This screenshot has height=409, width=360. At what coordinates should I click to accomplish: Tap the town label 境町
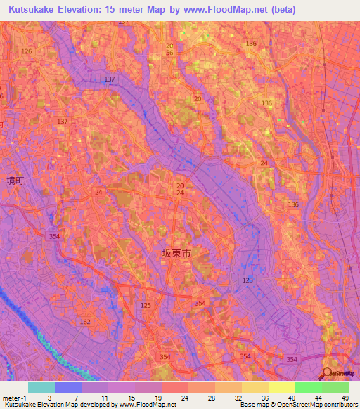[x=15, y=181]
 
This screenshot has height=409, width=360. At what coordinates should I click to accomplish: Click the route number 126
[x=27, y=51]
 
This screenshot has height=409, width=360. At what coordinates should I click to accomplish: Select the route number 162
[x=85, y=322]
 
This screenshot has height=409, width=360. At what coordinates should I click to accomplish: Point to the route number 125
[x=146, y=305]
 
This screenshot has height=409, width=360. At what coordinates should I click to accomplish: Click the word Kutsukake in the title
[x=34, y=9]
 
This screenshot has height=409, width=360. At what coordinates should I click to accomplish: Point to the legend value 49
[x=343, y=397]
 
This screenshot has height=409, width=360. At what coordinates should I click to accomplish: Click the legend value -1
[x=26, y=397]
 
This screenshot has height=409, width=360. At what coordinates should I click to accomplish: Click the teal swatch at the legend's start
[x=41, y=387]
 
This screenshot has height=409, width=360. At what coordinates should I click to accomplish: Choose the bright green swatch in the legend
[x=309, y=387]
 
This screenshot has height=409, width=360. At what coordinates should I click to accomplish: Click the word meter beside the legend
[x=11, y=397]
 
